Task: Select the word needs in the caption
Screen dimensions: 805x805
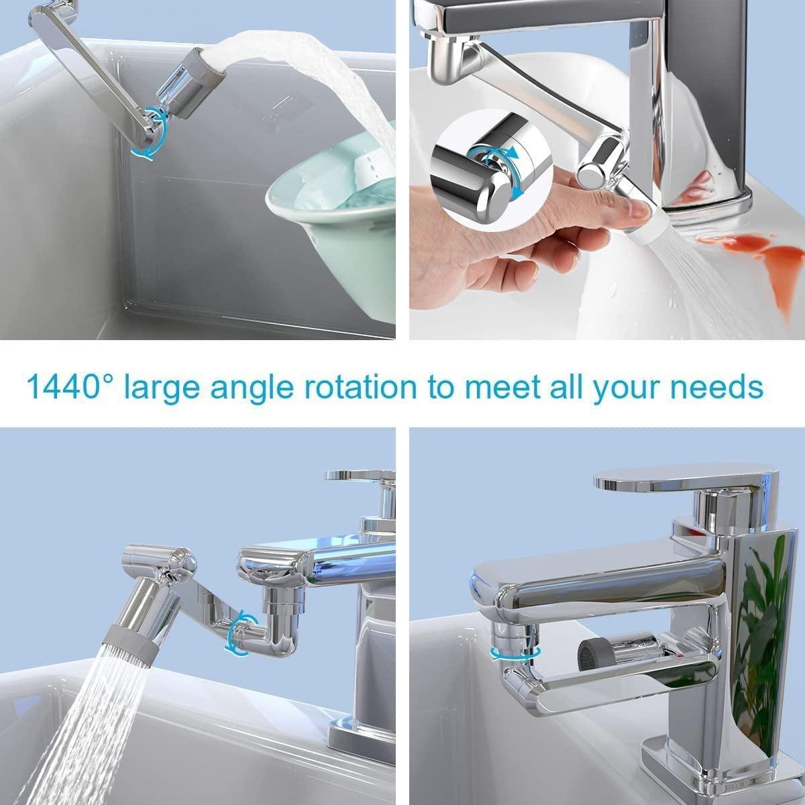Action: [716, 388]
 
